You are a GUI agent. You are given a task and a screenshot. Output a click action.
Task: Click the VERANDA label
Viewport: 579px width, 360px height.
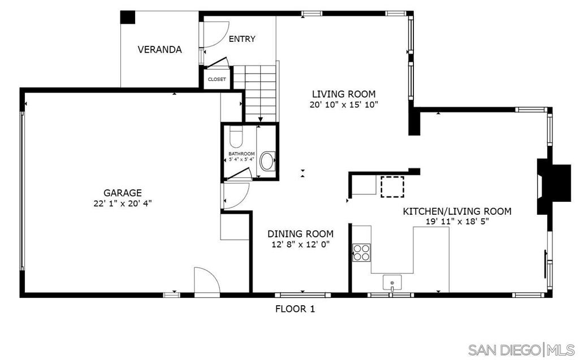[159, 50]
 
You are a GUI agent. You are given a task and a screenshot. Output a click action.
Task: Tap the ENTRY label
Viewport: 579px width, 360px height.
[242, 39]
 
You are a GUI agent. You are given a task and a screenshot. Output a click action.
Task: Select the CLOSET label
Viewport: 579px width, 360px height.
[217, 80]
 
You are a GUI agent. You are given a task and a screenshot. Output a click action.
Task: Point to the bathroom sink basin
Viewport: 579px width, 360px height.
[266, 161]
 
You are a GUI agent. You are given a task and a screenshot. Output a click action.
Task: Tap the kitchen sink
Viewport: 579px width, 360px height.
[392, 281]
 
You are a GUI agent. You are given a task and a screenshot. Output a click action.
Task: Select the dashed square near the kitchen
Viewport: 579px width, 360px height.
[391, 186]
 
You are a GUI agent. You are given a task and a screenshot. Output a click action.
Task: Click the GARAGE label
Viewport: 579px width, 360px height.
[122, 193]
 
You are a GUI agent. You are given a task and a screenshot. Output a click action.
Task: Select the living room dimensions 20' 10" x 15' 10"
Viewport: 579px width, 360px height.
[343, 105]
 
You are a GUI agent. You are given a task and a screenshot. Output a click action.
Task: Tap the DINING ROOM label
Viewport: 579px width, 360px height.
[300, 233]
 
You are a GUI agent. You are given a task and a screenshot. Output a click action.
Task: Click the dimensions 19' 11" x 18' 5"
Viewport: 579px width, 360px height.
[457, 222]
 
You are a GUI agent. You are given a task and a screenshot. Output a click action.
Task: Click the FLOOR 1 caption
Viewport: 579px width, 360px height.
[295, 309]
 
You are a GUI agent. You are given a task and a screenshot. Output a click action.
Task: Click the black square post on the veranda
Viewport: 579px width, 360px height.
[128, 18]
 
